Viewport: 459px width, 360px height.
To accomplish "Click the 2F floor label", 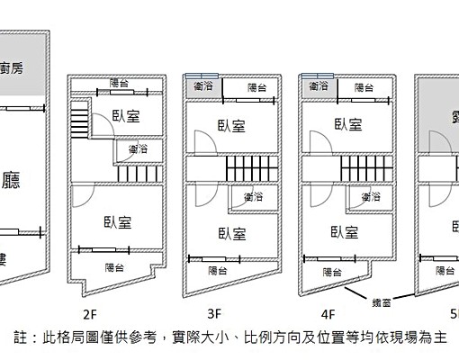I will pyautogui.click(x=89, y=314).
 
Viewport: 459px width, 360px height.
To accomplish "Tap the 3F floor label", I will pyautogui.click(x=213, y=314).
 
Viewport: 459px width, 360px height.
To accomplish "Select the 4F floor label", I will pyautogui.click(x=328, y=314).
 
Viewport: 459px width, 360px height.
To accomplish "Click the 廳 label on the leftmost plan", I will pyautogui.click(x=12, y=179).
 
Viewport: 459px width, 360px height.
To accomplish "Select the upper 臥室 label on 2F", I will pyautogui.click(x=126, y=115).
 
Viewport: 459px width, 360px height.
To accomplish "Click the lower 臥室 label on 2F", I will pyautogui.click(x=117, y=221).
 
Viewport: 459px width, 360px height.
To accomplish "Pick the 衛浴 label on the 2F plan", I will pyautogui.click(x=139, y=148).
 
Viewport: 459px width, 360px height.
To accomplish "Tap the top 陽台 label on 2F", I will pyautogui.click(x=119, y=83).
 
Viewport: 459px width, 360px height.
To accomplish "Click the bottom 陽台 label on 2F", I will pyautogui.click(x=114, y=266).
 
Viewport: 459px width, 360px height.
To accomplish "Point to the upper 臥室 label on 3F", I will pyautogui.click(x=231, y=126).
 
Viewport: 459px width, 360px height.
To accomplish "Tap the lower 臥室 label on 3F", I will pyautogui.click(x=232, y=233).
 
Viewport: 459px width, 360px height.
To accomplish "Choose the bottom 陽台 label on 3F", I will pyautogui.click(x=218, y=270).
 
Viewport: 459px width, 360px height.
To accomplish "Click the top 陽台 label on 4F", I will pyautogui.click(x=364, y=87).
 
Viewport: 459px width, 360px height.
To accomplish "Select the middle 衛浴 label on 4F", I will pyautogui.click(x=369, y=195).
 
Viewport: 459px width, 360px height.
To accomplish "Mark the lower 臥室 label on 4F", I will pyautogui.click(x=344, y=232).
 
